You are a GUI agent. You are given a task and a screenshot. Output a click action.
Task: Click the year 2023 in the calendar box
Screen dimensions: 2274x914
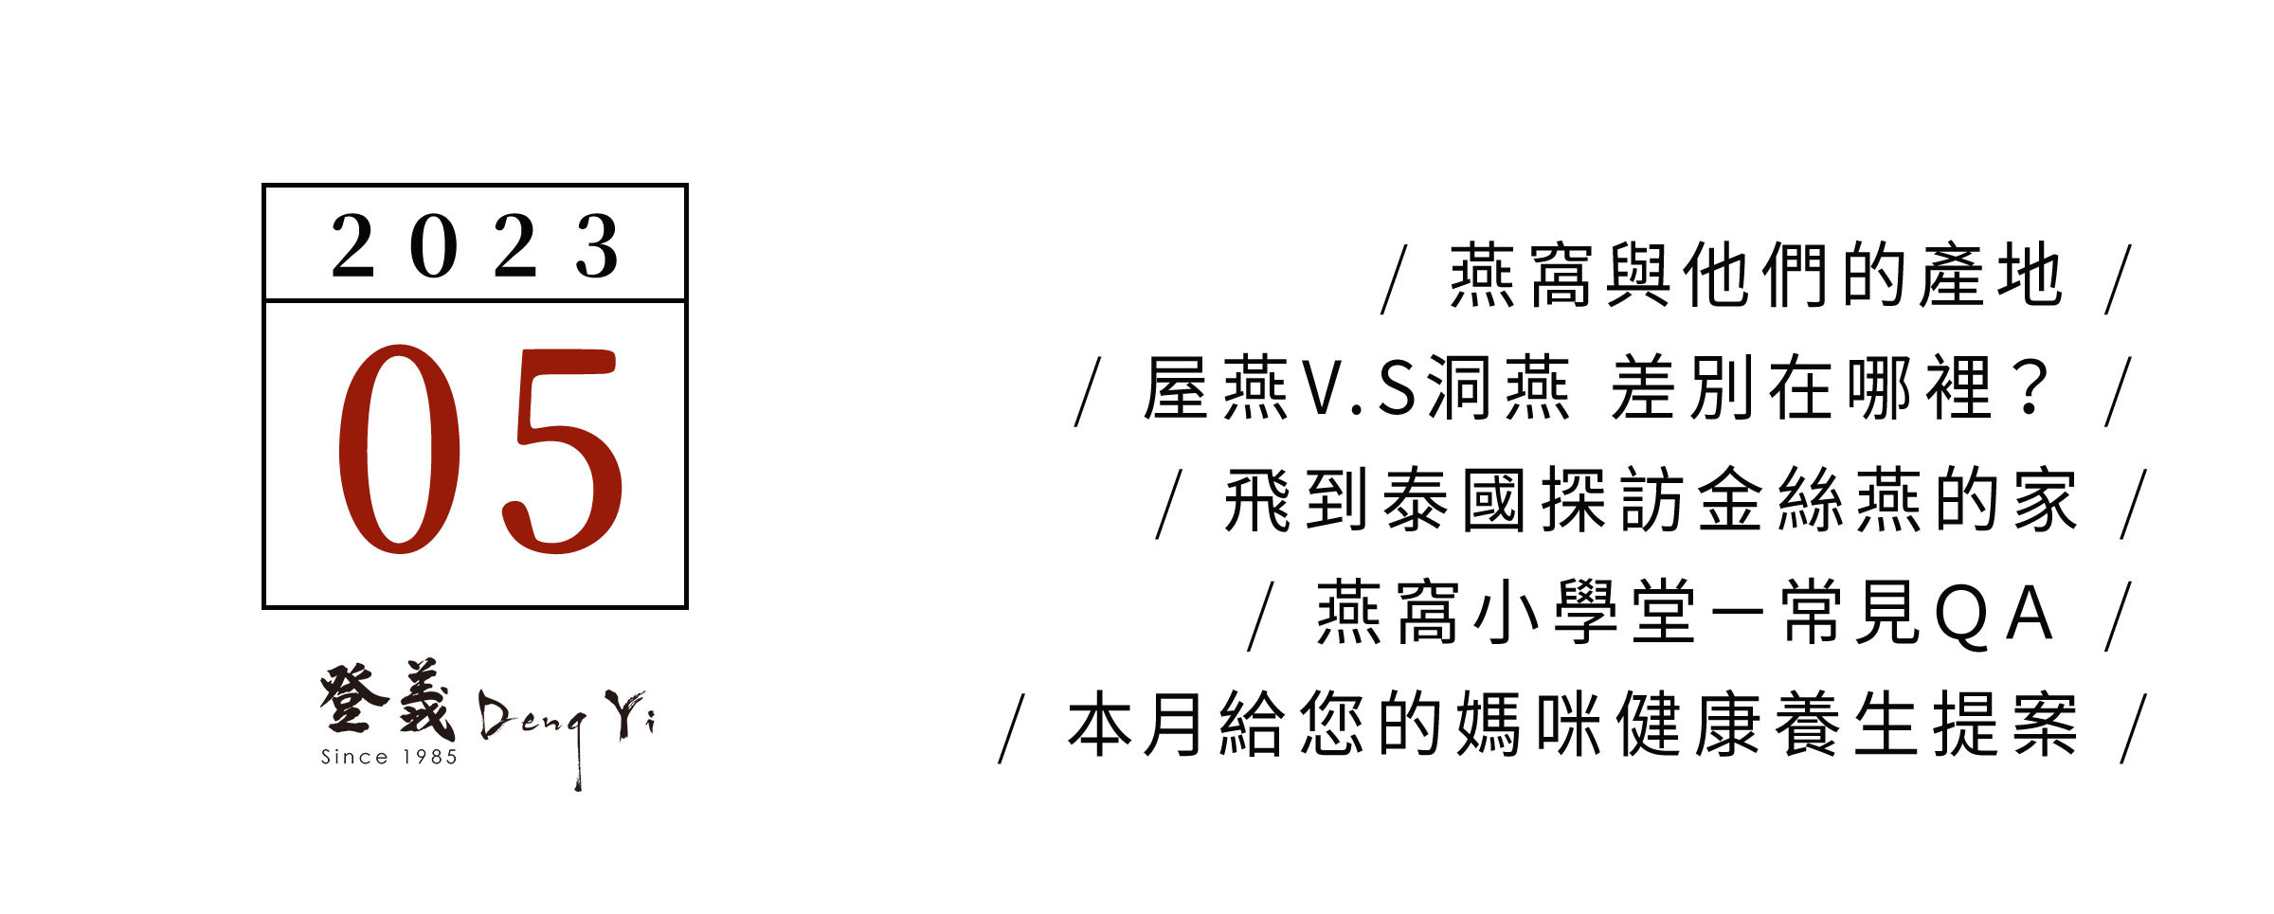(475, 246)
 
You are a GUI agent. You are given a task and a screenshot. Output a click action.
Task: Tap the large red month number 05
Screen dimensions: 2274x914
(480, 449)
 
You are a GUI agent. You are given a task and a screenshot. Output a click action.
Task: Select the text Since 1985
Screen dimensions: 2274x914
(389, 757)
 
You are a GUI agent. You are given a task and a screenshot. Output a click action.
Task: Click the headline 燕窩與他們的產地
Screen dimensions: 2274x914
(1756, 276)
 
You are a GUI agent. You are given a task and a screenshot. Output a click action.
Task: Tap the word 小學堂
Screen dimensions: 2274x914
(1584, 613)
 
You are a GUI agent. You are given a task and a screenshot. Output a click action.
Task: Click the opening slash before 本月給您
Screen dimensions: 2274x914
(1012, 728)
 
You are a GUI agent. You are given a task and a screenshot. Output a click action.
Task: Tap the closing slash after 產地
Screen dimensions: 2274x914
(2119, 279)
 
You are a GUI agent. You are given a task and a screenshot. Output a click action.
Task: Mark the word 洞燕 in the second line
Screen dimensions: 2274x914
(1498, 388)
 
